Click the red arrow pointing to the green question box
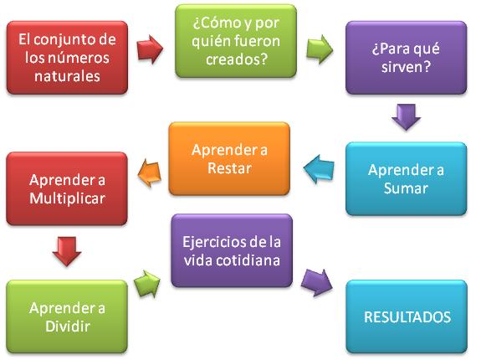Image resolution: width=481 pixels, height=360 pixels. click(x=150, y=49)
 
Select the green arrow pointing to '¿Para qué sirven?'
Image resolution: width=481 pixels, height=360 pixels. click(x=320, y=49)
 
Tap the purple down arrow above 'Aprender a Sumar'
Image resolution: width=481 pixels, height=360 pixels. click(x=406, y=117)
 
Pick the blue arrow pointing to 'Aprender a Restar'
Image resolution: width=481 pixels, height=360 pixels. click(x=319, y=169)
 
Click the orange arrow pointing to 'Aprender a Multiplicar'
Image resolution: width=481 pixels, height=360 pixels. click(x=150, y=172)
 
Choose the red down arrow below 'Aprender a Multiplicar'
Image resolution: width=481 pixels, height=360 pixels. click(x=67, y=251)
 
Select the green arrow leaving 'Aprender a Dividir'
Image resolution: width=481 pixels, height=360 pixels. click(x=147, y=284)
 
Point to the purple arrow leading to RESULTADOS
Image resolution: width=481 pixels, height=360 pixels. click(x=317, y=282)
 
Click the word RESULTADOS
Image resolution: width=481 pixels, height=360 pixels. click(x=407, y=317)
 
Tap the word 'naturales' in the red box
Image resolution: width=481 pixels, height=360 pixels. click(x=67, y=76)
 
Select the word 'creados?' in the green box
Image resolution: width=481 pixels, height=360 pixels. click(x=237, y=59)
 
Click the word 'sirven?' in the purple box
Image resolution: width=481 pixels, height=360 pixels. click(x=407, y=67)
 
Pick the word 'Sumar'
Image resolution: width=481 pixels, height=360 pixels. click(x=406, y=188)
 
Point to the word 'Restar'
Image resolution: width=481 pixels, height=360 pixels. click(x=229, y=168)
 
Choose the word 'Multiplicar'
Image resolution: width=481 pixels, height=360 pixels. click(x=67, y=198)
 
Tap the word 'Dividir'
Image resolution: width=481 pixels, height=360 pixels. click(x=68, y=326)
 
